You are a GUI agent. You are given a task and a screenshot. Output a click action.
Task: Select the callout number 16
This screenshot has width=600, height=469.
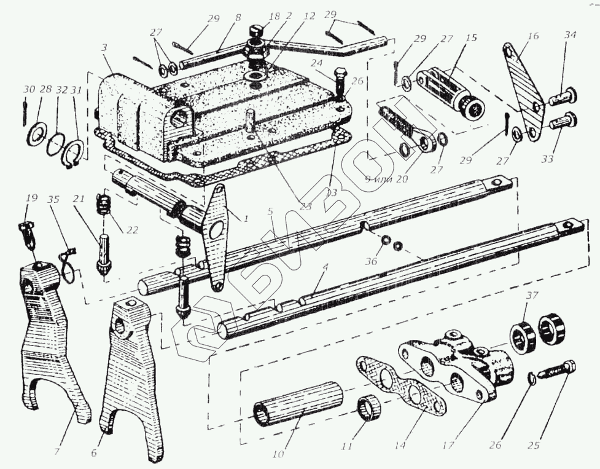(x=532, y=36)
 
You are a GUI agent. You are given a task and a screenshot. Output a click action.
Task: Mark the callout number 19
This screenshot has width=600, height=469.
(x=31, y=198)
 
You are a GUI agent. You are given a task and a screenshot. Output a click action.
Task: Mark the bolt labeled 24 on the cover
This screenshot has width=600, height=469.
(x=341, y=81)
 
